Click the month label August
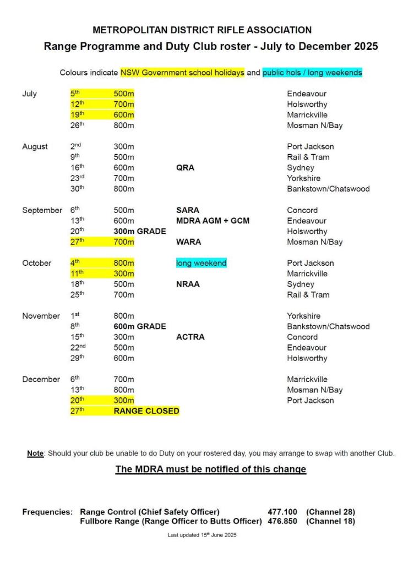[x=35, y=146]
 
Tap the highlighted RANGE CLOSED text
[x=146, y=411]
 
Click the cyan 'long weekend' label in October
[x=201, y=263]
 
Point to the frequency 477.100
[x=283, y=512]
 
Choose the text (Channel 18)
[x=330, y=521]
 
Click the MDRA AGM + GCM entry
[x=213, y=221]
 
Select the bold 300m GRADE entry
[x=140, y=231]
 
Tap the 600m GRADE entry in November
[x=140, y=326]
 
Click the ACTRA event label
[x=190, y=337]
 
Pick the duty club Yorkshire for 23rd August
[x=303, y=178]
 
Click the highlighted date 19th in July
[x=77, y=115]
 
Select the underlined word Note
[x=36, y=453]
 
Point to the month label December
[x=41, y=379]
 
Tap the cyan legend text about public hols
[x=312, y=73]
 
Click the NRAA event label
[x=188, y=285]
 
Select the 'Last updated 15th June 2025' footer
[x=201, y=534]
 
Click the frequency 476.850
[x=283, y=521]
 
